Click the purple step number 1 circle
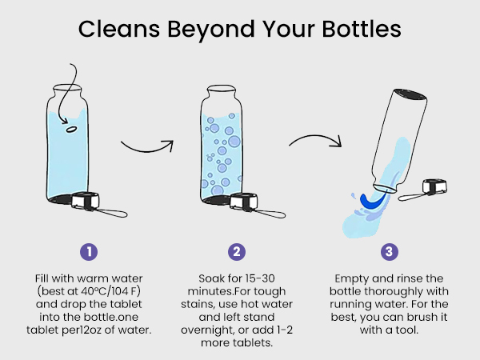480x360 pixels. coord(89,252)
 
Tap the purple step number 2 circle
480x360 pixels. coord(237,252)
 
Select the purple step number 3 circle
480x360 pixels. coord(390,252)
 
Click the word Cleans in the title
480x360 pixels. coord(119,29)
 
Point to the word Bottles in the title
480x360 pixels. coord(362,29)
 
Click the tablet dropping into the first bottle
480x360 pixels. coord(71,129)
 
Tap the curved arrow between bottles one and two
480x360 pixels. coord(147,147)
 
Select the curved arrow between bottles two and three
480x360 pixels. coord(316,139)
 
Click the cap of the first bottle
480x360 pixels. coord(85,201)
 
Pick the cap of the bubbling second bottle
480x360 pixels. coord(244,202)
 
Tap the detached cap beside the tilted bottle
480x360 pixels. coord(434,186)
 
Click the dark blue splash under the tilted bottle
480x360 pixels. coord(371,201)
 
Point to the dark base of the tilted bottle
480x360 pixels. coord(410,94)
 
